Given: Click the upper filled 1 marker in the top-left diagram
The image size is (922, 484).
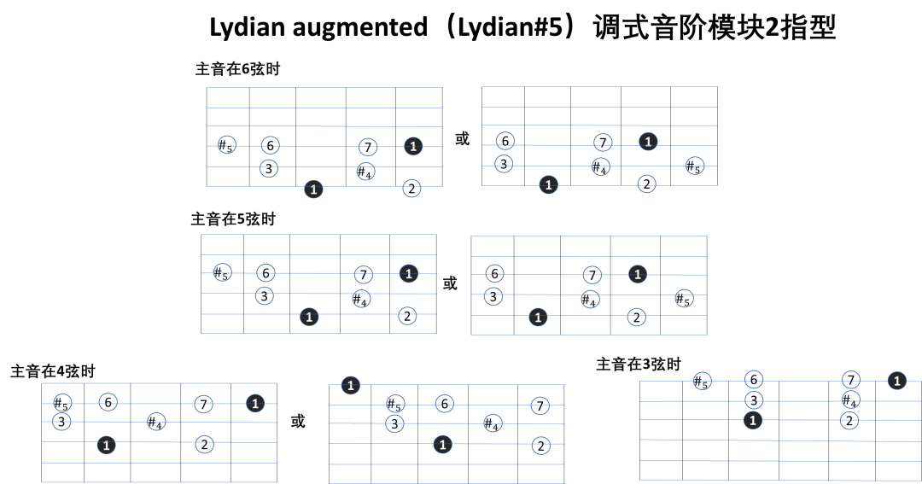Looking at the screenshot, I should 413,146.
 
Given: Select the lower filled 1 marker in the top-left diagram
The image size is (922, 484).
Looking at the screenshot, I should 313,190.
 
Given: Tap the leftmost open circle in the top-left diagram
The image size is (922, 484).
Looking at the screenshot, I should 227,144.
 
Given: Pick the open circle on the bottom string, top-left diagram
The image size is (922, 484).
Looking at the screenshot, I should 411,188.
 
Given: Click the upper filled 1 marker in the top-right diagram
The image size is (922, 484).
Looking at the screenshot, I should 648,142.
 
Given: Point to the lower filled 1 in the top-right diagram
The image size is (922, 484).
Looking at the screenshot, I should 548,184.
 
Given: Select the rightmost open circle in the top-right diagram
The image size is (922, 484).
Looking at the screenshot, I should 695,166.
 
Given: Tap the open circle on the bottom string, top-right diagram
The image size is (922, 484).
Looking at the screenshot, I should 646,184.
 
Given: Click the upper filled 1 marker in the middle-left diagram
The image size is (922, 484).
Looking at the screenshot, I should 409,274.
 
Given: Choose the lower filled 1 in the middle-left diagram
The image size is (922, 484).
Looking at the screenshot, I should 309,317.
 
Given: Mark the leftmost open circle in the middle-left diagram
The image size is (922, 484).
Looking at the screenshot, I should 222,272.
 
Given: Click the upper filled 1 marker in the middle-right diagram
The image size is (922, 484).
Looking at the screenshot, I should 638,274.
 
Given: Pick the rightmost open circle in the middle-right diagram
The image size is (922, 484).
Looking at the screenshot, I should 684,298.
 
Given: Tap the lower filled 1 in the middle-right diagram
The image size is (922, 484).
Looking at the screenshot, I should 538,318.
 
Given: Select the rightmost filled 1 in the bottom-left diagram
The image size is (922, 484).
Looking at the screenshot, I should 255,403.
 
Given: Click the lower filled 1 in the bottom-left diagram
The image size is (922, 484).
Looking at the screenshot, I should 106,445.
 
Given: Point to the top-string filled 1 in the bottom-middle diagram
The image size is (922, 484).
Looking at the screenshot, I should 350,386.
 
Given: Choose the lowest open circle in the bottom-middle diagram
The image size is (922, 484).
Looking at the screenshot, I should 541,446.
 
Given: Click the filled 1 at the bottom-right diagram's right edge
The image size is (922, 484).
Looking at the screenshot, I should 896,381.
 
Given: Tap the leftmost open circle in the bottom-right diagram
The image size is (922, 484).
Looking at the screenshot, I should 703,381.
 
